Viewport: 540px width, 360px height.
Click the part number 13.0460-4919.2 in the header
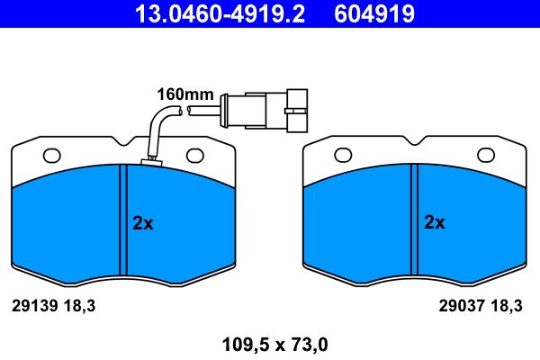[220, 14]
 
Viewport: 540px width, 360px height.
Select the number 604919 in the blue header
[374, 14]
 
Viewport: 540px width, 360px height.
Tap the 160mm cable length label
[185, 94]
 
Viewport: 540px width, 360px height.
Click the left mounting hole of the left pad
[51, 156]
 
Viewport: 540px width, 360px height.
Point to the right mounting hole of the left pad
[195, 156]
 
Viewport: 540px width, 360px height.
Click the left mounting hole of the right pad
[343, 155]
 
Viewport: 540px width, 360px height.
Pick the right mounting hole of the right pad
[486, 155]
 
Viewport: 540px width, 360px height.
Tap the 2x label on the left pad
[143, 223]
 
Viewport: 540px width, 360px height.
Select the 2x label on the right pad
[435, 222]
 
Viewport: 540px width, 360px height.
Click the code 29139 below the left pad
[34, 306]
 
